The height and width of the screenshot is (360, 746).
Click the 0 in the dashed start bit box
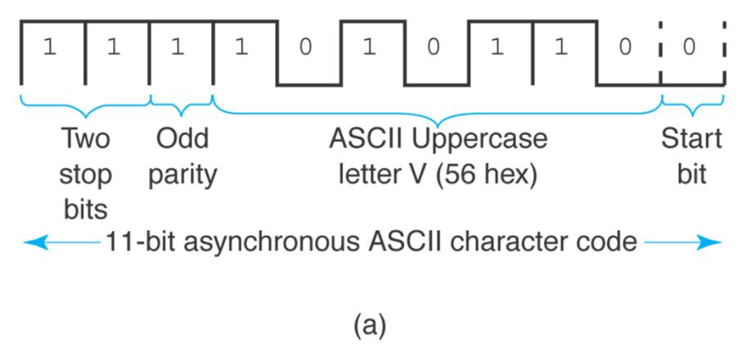(x=692, y=47)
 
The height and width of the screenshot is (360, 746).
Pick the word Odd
(x=182, y=140)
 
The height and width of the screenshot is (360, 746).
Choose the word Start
(x=692, y=140)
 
